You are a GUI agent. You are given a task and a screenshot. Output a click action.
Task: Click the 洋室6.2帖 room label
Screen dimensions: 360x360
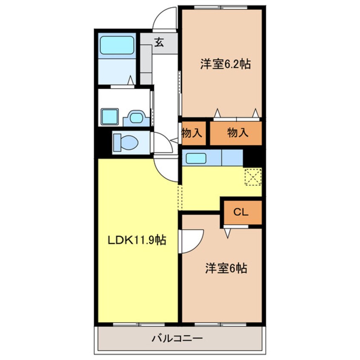(x=225, y=64)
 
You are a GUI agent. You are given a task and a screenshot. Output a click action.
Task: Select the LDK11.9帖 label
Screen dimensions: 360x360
(x=136, y=240)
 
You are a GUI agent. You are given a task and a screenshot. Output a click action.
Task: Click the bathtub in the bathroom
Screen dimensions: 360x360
(x=117, y=45)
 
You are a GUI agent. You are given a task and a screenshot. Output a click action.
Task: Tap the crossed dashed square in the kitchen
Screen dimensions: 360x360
(x=253, y=177)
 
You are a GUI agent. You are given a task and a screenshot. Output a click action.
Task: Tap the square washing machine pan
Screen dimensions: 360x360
(x=109, y=116)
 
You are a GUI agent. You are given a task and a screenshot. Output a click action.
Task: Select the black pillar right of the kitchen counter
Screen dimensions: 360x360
(x=252, y=157)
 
